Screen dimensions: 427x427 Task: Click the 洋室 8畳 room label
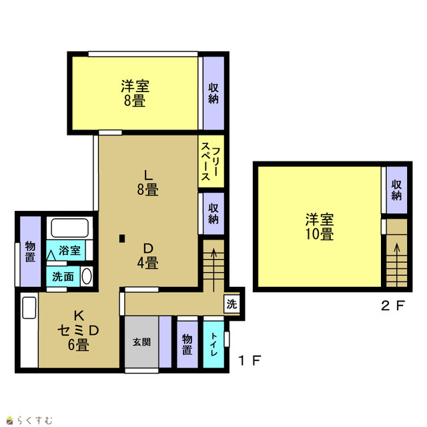[135, 93]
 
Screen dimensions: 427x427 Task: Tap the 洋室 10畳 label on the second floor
[320, 227]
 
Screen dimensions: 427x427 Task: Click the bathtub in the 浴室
[69, 228]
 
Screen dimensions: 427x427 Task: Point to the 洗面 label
[63, 277]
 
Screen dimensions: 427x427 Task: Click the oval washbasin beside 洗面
[87, 277]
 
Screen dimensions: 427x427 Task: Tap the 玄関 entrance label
[141, 342]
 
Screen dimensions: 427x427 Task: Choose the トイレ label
[213, 344]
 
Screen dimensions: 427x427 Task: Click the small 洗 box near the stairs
[232, 304]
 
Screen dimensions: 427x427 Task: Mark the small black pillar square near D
[122, 239]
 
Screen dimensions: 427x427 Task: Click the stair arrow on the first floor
[213, 270]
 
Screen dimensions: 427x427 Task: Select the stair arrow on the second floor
[397, 264]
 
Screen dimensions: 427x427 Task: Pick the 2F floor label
[393, 306]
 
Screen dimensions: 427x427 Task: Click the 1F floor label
[250, 360]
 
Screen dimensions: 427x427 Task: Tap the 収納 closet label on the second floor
[396, 190]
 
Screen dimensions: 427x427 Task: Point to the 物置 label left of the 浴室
[30, 252]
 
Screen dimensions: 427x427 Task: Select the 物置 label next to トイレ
[187, 344]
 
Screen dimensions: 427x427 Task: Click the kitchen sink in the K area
[29, 308]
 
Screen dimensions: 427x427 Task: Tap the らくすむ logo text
[35, 420]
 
